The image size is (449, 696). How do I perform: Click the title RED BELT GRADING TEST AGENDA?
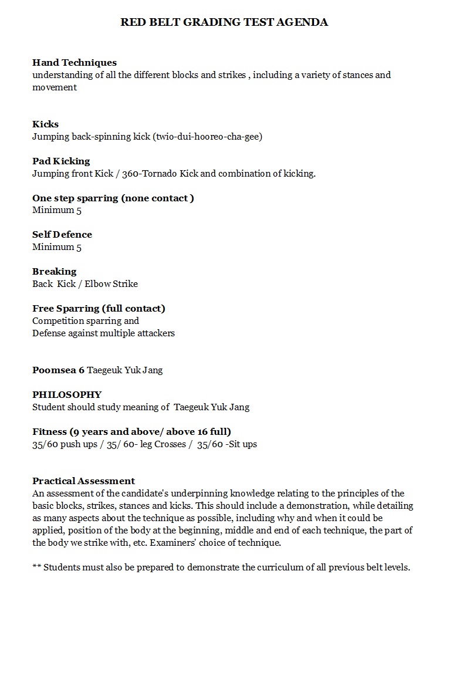click(224, 22)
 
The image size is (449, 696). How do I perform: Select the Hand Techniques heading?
click(75, 62)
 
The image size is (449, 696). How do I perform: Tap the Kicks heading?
click(45, 124)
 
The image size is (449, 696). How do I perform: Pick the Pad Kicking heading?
click(61, 161)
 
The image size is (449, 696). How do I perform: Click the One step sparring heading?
click(113, 198)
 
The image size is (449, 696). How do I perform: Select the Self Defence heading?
click(62, 234)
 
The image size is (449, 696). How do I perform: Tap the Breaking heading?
click(55, 271)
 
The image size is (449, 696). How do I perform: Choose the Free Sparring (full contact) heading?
click(99, 308)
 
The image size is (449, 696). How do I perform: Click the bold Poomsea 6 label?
click(58, 370)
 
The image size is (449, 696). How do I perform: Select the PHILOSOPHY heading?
click(67, 394)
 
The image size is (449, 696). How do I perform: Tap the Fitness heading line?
click(131, 431)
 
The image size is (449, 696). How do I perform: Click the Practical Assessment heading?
click(83, 481)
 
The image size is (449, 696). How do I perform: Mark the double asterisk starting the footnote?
click(36, 567)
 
